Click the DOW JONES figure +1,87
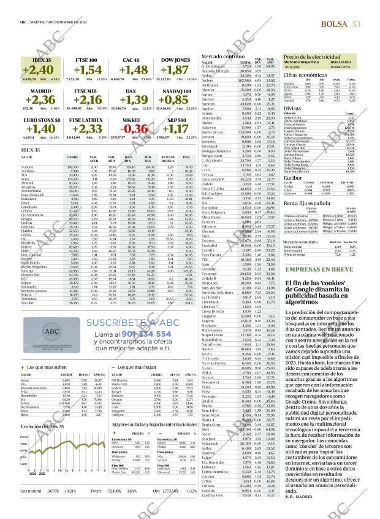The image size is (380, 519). coord(173,71)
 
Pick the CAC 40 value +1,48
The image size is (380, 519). coord(135,71)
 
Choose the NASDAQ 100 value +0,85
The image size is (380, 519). coord(173,100)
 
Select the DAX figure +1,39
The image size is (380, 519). coord(135,100)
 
